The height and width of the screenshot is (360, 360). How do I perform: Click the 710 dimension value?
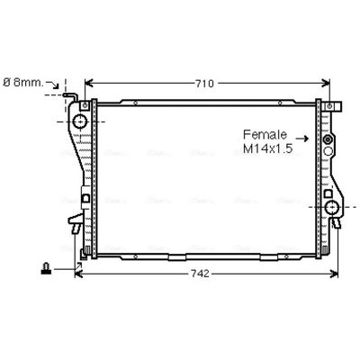click(x=204, y=84)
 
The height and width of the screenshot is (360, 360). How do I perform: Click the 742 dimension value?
click(x=200, y=274)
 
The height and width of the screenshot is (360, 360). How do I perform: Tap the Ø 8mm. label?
click(x=23, y=83)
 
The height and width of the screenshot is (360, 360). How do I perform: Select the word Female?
click(x=265, y=135)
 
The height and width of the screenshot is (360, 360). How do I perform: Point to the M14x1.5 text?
click(x=267, y=148)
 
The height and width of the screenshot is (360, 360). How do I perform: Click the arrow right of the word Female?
click(x=301, y=139)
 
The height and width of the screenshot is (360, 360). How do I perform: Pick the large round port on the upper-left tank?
click(x=80, y=121)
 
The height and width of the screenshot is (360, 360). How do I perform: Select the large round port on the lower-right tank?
click(x=332, y=207)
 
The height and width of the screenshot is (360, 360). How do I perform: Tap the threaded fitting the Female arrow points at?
click(x=328, y=139)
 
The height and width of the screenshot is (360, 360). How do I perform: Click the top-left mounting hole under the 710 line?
click(x=85, y=105)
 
